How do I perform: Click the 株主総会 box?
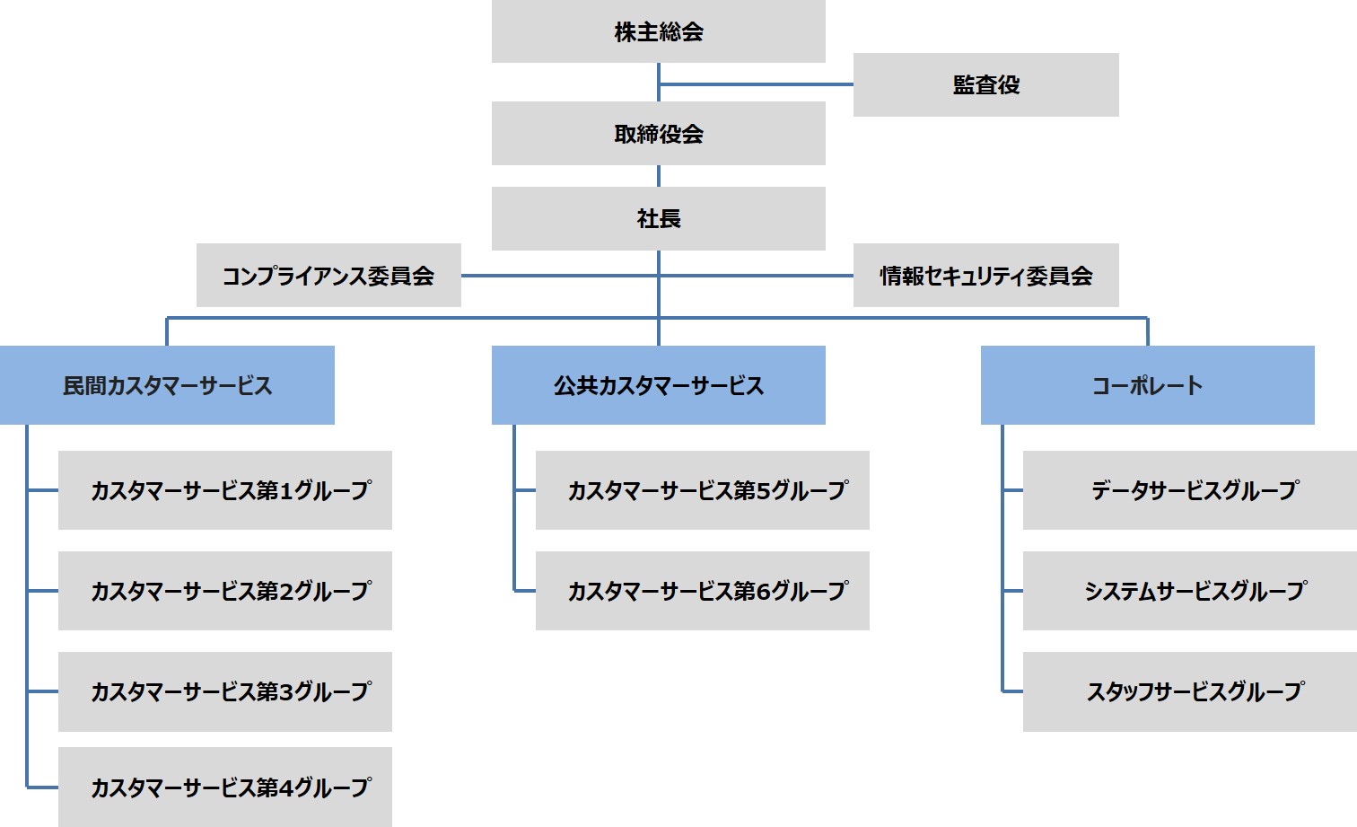click(x=658, y=31)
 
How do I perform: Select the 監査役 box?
click(x=985, y=84)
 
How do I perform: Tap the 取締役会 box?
click(x=658, y=133)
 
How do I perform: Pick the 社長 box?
click(x=658, y=218)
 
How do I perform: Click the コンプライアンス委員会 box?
click(x=328, y=276)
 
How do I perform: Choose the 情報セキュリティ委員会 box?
click(x=985, y=276)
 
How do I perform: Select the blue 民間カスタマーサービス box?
click(x=167, y=385)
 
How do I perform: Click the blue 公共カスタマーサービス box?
click(x=658, y=385)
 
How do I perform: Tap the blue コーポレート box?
click(x=1147, y=385)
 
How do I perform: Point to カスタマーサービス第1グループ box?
click(x=225, y=490)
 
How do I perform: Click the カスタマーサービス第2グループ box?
click(x=225, y=591)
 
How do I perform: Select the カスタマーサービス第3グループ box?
click(x=225, y=691)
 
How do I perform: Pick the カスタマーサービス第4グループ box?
click(x=225, y=787)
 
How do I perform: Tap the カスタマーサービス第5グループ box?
click(x=702, y=490)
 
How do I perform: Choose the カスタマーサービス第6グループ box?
click(x=702, y=591)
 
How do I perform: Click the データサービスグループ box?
click(x=1190, y=490)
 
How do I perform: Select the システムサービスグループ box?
click(x=1190, y=591)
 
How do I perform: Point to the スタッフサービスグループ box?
click(x=1190, y=691)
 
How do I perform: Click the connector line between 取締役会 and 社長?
click(x=659, y=176)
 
